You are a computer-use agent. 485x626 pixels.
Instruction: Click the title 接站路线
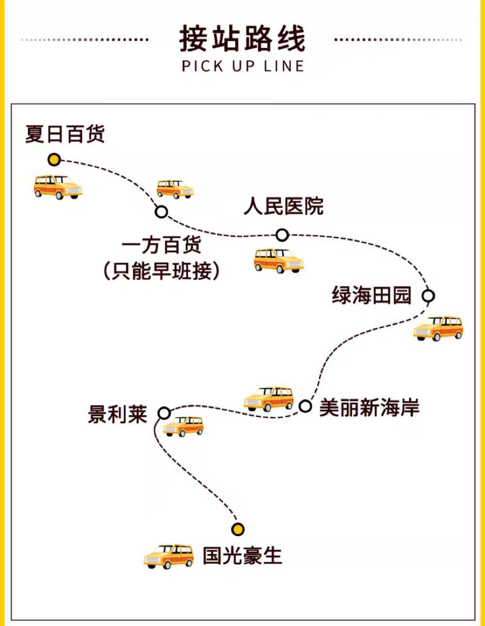point(242,39)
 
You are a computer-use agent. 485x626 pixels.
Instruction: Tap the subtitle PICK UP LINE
point(242,66)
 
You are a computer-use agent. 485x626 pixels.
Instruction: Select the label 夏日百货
point(65,134)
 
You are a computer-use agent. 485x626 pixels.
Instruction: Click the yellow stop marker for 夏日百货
point(54,160)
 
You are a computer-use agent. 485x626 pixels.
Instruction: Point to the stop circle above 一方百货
point(162,212)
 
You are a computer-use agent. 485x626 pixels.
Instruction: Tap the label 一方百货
point(162,245)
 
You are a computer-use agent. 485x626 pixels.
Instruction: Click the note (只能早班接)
point(162,271)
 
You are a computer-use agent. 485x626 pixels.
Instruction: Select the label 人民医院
point(284,206)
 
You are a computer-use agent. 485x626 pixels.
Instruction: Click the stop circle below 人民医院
point(282,235)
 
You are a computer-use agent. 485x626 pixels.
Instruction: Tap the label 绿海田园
point(372,295)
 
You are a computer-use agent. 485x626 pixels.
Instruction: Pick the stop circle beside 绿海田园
point(428,296)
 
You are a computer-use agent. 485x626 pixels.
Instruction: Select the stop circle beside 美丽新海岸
point(305,406)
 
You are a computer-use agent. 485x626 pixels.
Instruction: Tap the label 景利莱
point(117,414)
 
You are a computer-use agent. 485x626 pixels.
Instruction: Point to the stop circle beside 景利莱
point(164,413)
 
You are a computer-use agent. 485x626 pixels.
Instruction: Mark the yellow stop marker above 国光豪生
point(238,529)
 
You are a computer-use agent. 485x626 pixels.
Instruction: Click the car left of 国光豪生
point(168,556)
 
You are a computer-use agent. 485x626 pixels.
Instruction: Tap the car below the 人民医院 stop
point(278,261)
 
